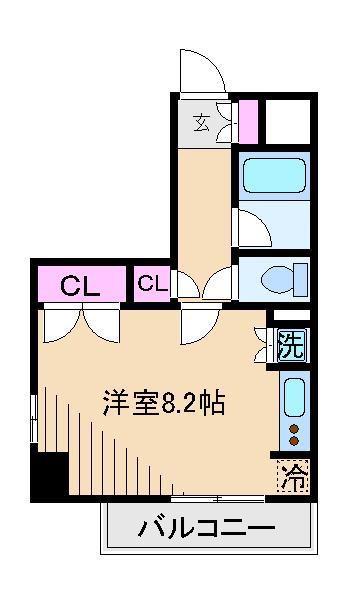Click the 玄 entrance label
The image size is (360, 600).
[202, 124]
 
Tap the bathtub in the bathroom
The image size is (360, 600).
[274, 176]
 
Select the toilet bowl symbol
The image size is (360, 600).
[284, 280]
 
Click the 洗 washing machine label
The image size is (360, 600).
[292, 345]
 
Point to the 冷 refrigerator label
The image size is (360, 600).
[293, 476]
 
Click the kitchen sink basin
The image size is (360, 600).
[295, 398]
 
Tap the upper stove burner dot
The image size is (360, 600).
[294, 429]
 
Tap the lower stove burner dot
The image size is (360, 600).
[294, 441]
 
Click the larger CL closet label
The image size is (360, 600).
[80, 285]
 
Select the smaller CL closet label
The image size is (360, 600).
[152, 284]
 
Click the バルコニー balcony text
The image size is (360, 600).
[207, 528]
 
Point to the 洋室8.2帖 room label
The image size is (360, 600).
[163, 403]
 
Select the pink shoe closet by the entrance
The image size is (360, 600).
[248, 122]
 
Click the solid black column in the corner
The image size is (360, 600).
[50, 473]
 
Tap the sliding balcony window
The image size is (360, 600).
[218, 499]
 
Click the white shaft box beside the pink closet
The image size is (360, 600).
[288, 122]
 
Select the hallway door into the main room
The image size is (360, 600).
[200, 324]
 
